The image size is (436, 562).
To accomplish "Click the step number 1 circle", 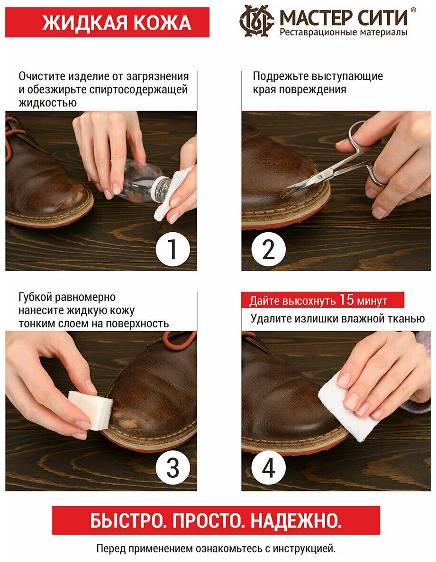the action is (x=173, y=249).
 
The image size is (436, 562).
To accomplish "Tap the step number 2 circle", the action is (x=269, y=249).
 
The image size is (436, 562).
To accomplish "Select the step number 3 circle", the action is (x=173, y=468).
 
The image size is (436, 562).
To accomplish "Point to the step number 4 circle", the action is (x=269, y=468).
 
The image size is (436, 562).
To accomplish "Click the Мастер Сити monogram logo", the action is (x=256, y=21).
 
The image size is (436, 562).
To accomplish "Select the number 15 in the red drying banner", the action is (x=346, y=299).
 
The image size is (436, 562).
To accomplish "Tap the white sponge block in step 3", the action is (x=91, y=409).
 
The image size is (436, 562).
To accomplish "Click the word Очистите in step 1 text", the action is (x=42, y=76).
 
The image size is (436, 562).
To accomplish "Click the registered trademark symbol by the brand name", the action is (x=413, y=10).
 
